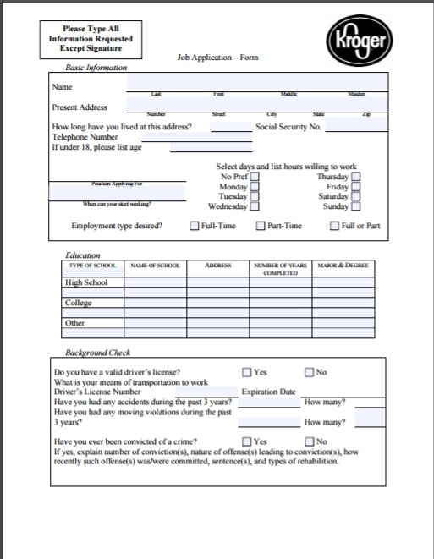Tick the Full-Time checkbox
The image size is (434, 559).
pos(195,226)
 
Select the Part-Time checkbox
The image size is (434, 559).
pos(261,226)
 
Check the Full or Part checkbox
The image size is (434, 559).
pos(335,226)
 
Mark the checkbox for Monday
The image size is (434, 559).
pos(254,186)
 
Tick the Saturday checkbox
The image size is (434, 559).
pos(356,196)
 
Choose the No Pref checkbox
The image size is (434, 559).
pos(254,176)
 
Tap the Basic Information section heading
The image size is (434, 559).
pos(96,67)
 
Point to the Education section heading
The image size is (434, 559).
pos(83,255)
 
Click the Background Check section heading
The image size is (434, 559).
pos(98,352)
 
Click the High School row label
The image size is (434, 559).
pos(86,282)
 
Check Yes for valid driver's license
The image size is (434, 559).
pos(247,372)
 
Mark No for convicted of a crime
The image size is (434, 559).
pos(310,441)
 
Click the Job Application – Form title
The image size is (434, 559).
pos(217,58)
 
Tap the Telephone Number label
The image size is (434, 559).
pos(85,136)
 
